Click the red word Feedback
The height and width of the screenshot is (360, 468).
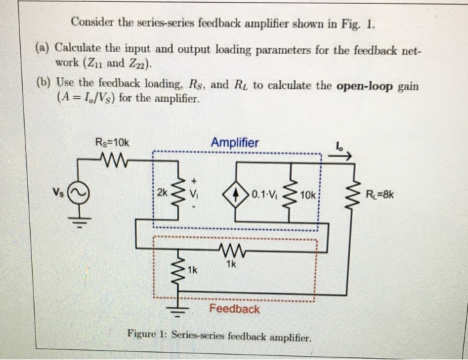(x=234, y=309)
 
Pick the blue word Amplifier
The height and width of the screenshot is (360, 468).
(x=235, y=142)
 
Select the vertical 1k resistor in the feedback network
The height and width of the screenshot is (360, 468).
(x=177, y=271)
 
